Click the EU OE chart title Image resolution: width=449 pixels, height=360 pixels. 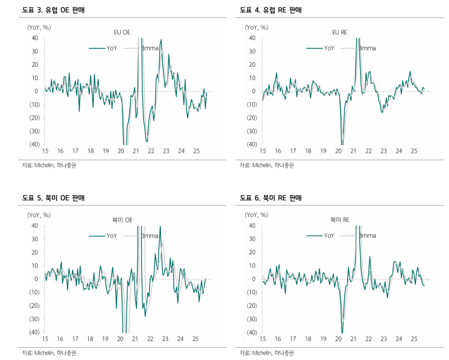pyautogui.click(x=122, y=33)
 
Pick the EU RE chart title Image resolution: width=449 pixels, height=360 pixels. pyautogui.click(x=339, y=33)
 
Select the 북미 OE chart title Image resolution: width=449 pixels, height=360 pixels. pyautogui.click(x=122, y=220)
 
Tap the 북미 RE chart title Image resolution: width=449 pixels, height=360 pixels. pyautogui.click(x=339, y=220)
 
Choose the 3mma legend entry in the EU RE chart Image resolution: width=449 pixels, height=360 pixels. pyautogui.click(x=368, y=48)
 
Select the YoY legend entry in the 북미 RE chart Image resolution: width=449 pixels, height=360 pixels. pyautogui.click(x=329, y=236)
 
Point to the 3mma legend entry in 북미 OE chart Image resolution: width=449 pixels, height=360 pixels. pyautogui.click(x=150, y=236)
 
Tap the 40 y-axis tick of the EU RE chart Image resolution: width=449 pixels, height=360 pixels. pyautogui.click(x=252, y=38)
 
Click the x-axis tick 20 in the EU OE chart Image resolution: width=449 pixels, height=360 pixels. pyautogui.click(x=120, y=152)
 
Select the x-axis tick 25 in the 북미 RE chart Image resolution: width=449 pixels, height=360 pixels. pyautogui.click(x=414, y=339)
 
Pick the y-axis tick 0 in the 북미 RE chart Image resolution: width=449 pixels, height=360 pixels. pyautogui.click(x=254, y=279)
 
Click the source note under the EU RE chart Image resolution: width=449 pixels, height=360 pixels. pyautogui.click(x=267, y=165)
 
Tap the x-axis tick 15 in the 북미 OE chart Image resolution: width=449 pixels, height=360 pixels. pyautogui.click(x=45, y=339)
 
